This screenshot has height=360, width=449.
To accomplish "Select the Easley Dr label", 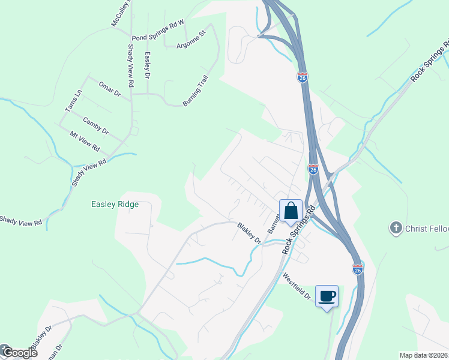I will (147, 64).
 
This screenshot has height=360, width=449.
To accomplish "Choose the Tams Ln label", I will (74, 100).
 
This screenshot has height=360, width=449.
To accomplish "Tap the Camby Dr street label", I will (96, 125).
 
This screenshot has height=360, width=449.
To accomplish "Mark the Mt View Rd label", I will (85, 141).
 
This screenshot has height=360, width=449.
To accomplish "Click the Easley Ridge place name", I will (115, 204).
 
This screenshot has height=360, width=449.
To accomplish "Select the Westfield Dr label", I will (297, 287).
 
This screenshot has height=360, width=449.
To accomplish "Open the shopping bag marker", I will (291, 212).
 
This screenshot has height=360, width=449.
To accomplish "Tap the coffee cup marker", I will (327, 296).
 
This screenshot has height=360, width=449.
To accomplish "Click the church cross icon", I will (396, 227).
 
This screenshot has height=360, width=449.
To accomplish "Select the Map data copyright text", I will (423, 355).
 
